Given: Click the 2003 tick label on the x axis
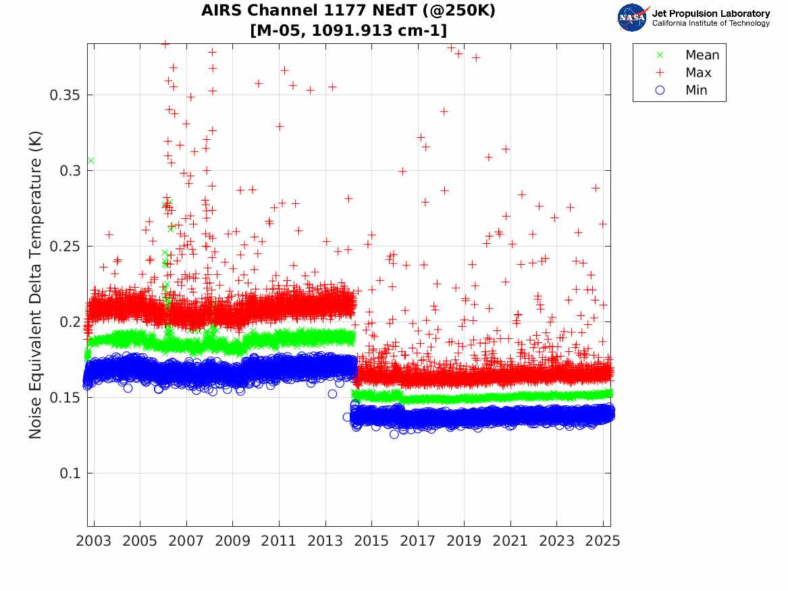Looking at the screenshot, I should [95, 541].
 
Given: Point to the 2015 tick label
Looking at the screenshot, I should [371, 541].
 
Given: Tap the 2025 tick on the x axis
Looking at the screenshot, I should [602, 541].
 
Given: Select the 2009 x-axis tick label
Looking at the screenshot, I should [233, 541].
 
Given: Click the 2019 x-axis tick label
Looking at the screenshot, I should [464, 541].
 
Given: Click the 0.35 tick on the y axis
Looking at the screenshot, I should [65, 95].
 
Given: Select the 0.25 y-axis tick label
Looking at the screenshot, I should [65, 247].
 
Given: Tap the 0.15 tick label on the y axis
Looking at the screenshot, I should [65, 398].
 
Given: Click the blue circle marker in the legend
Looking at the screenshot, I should [660, 91].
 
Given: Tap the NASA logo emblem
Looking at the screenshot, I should [632, 18].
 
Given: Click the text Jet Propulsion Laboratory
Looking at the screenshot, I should [710, 14].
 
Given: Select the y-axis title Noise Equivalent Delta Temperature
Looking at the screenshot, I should [36, 284].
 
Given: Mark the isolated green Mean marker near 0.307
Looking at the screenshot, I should [90, 161].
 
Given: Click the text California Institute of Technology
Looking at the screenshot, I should [710, 23].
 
